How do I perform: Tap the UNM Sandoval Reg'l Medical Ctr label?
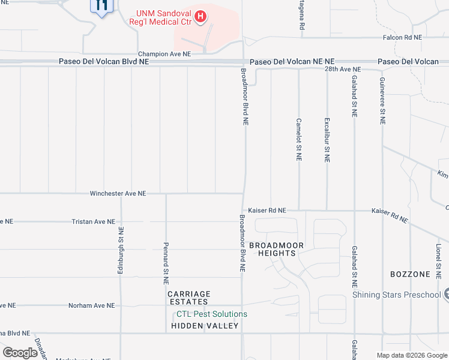pos(164,17)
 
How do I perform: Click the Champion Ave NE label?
pos(164,54)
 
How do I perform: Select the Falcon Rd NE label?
pos(402,37)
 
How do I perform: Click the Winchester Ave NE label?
pos(118,194)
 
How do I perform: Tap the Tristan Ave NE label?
pos(93,222)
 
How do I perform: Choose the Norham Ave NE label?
pos(91,305)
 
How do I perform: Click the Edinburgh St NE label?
pos(121,251)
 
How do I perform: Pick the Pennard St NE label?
pos(166,263)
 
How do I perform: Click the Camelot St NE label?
pos(298,139)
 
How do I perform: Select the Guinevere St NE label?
pos(382,101)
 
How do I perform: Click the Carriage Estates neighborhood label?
pos(189,298)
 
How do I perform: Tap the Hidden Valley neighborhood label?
pos(205,326)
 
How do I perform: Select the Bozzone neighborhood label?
pos(411,274)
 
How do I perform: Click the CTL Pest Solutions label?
pos(211,314)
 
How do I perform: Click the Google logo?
pos(20,353)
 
